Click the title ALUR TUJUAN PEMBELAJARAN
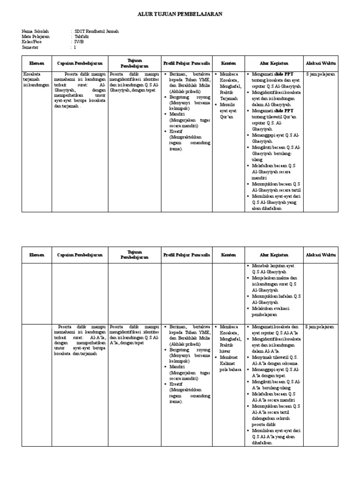180,15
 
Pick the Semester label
31,47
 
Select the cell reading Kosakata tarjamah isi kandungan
37,80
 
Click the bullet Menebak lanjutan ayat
272,269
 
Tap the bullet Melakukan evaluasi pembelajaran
272,313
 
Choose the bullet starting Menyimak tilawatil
274,360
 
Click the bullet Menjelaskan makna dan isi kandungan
274,283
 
